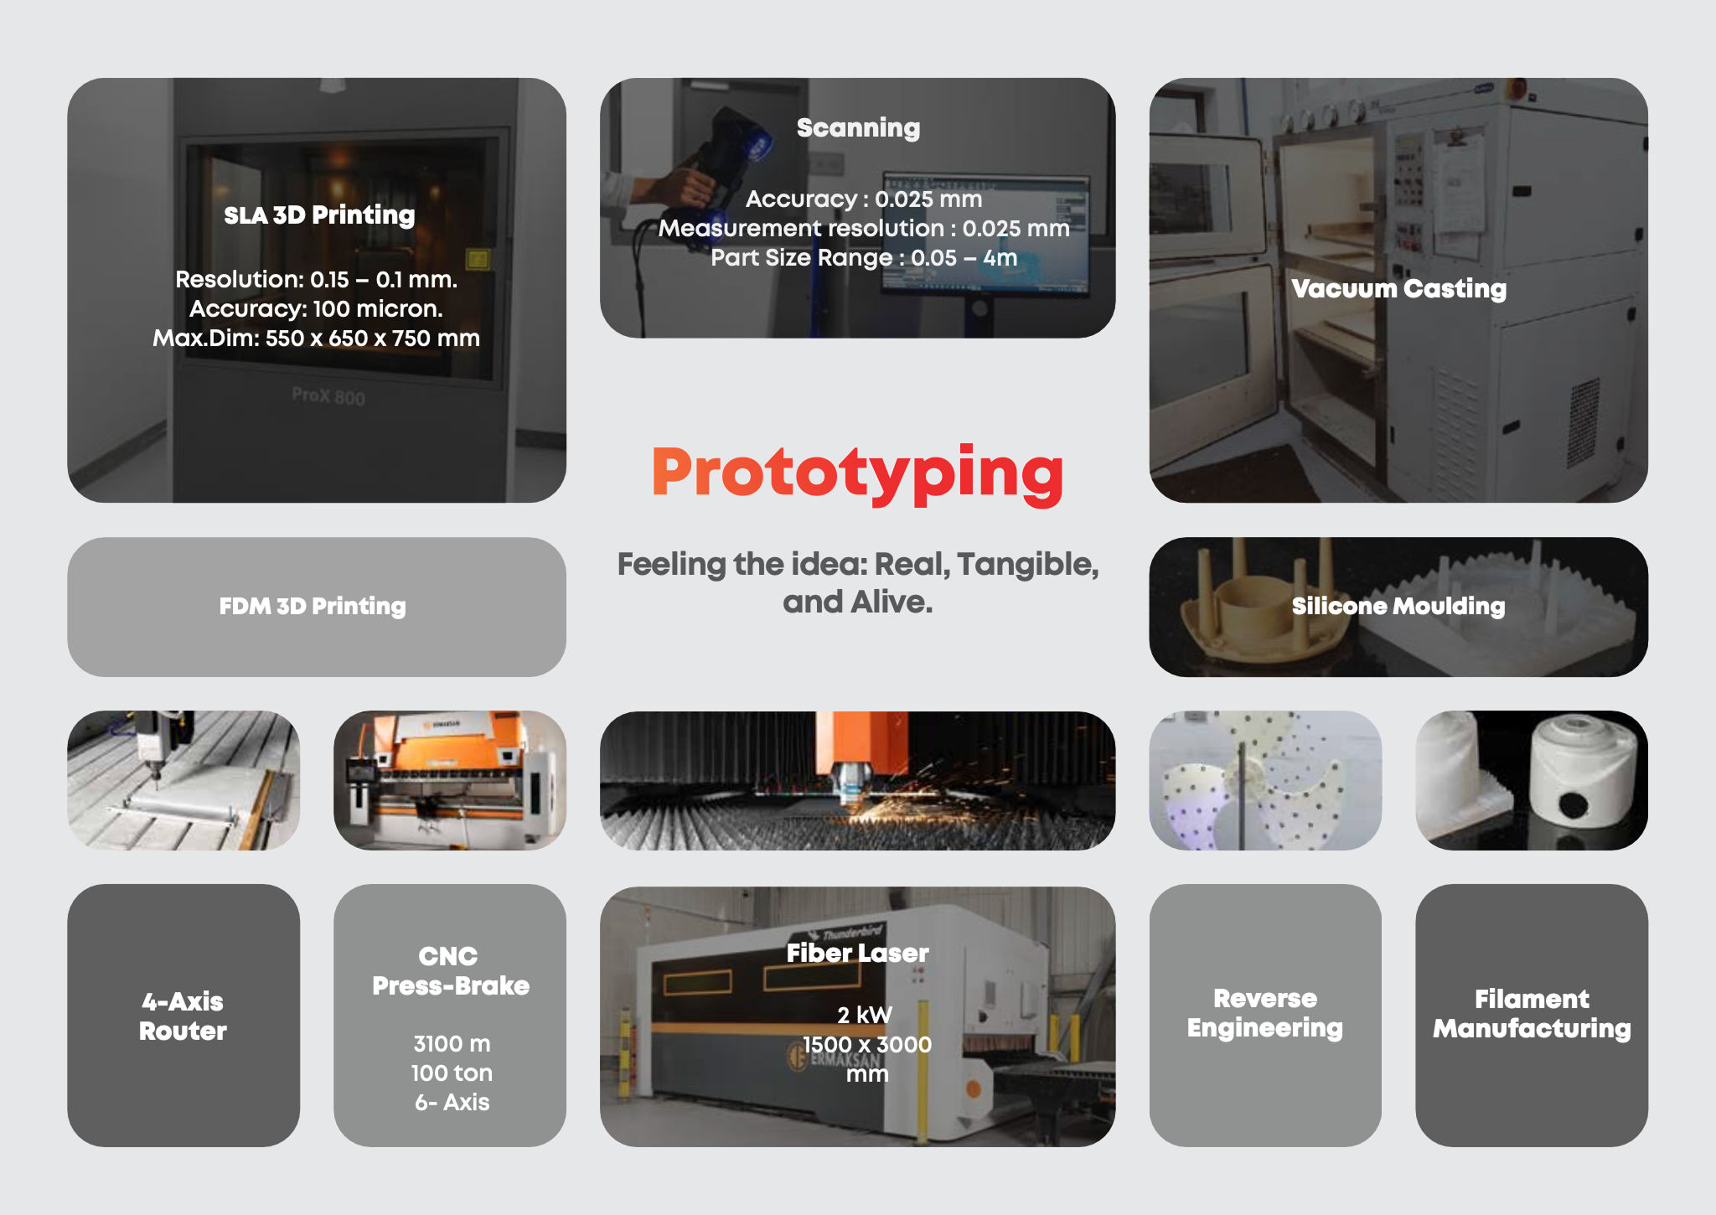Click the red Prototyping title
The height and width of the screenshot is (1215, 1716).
[x=857, y=474]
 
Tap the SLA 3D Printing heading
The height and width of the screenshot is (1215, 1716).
[x=319, y=215]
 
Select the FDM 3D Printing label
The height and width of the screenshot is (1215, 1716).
[x=313, y=606]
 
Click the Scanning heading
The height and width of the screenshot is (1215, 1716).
[x=858, y=128]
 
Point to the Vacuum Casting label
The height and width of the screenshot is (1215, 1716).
[x=1398, y=289]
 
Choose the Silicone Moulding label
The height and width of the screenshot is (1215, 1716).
[x=1398, y=606]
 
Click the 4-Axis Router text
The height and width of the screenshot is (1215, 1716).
[x=183, y=1016]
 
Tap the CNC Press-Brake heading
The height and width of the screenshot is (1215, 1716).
[x=450, y=971]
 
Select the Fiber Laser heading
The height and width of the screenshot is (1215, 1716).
[x=857, y=954]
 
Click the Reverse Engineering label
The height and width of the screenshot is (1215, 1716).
[x=1264, y=1013]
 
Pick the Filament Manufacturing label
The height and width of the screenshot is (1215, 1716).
[x=1531, y=1014]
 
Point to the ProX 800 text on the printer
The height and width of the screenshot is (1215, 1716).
[x=328, y=396]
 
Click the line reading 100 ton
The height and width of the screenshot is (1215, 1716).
[x=452, y=1073]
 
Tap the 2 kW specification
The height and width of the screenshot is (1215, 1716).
[x=865, y=1016]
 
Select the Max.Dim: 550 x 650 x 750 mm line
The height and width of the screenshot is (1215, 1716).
[x=316, y=339]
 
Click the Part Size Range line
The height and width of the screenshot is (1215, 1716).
[x=864, y=258]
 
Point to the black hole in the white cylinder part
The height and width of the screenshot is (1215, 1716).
[x=1573, y=806]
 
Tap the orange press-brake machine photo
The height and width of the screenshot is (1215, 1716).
[x=450, y=780]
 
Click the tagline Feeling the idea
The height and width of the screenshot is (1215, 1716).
[x=857, y=582]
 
